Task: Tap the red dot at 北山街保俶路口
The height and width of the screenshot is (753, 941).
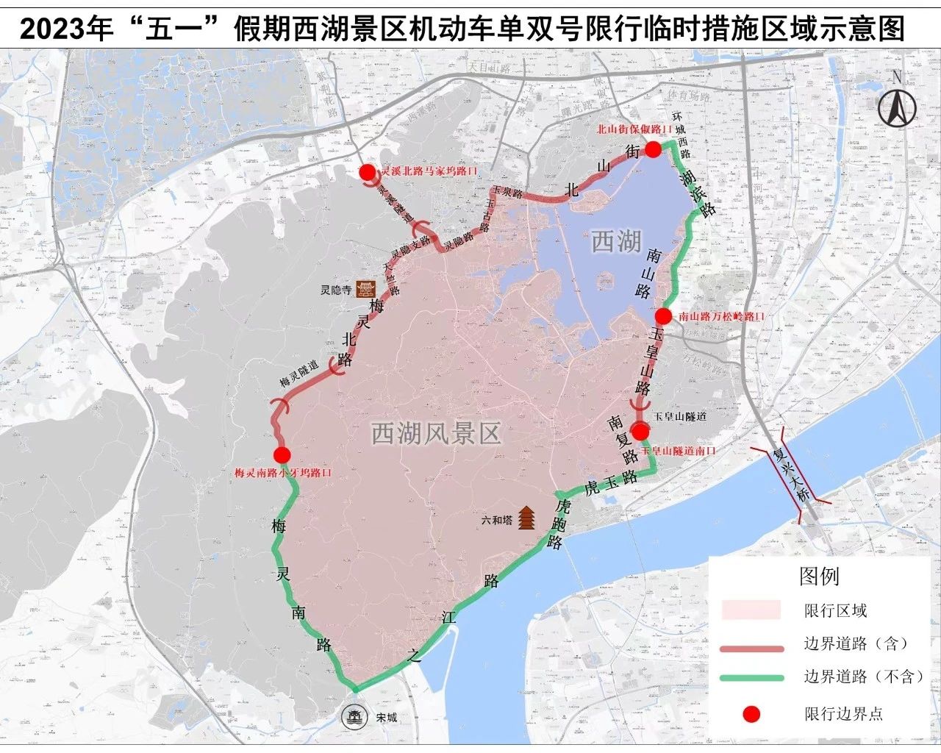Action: (653, 150)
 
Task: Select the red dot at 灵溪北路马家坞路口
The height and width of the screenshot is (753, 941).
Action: (367, 172)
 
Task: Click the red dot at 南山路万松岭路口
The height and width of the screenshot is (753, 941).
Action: (663, 316)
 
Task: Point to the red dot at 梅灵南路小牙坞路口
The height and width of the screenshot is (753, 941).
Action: (282, 455)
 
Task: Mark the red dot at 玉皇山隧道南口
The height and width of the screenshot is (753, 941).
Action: (642, 432)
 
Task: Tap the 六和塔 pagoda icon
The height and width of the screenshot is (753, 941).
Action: (527, 518)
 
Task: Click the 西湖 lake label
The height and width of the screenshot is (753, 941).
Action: (616, 241)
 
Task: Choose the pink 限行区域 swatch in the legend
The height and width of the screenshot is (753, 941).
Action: (751, 610)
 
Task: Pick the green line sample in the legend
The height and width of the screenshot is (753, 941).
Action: (752, 677)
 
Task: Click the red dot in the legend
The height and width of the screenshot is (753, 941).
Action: (751, 713)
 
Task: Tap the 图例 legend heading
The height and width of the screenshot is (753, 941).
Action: (819, 576)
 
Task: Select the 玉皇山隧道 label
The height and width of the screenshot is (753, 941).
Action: (680, 416)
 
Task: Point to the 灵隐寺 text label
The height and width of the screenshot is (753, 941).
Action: (334, 290)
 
